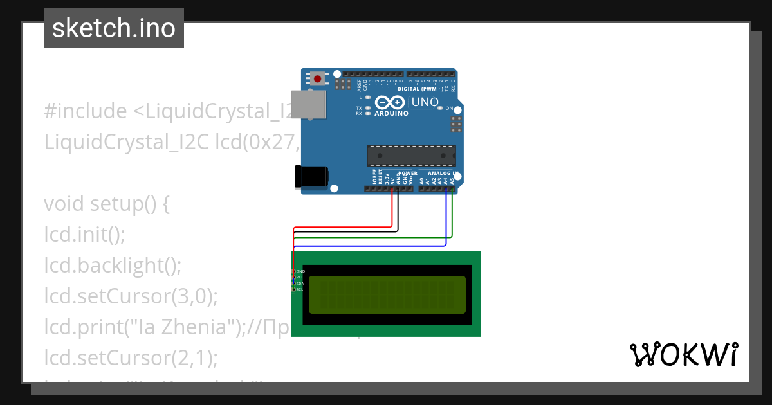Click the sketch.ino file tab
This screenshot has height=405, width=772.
[114, 28]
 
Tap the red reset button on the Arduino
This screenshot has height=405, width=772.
[318, 79]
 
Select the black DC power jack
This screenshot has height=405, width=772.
[311, 177]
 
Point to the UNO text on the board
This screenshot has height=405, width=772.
[425, 102]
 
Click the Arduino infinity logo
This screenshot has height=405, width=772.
[391, 102]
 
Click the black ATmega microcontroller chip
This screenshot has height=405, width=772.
[411, 156]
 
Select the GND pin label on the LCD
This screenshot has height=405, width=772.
[300, 271]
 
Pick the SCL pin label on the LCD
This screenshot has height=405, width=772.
[300, 289]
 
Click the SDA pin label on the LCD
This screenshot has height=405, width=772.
[300, 283]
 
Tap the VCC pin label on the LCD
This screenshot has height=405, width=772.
[300, 277]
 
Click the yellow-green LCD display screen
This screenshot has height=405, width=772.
[387, 294]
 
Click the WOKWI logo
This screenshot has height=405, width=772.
[683, 354]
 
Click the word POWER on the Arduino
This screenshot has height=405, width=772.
[408, 173]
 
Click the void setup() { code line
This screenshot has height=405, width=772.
[107, 204]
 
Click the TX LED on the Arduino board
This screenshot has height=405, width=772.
[367, 107]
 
